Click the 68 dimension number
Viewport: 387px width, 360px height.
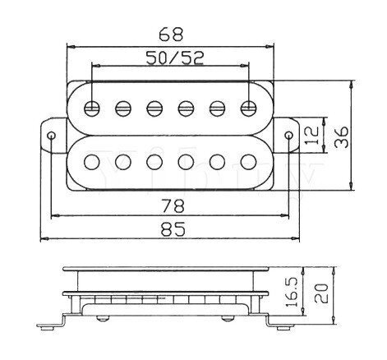(171, 34)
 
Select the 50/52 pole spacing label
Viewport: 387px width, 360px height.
(175, 58)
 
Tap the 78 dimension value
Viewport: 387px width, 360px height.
(173, 205)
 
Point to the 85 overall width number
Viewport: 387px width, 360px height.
(173, 228)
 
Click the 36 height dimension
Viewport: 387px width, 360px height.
(341, 137)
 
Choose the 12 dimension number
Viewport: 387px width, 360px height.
(311, 136)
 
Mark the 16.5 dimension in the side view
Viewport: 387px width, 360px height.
(291, 293)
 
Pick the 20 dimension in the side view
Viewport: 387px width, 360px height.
(320, 293)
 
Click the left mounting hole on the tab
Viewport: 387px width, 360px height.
(51, 136)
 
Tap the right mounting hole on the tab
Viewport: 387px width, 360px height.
(288, 135)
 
